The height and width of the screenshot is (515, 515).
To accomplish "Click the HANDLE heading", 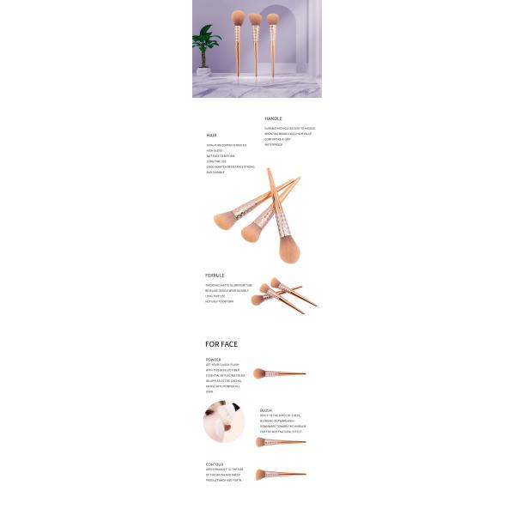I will [273, 118].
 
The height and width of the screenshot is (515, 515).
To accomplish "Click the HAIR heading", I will [211, 136].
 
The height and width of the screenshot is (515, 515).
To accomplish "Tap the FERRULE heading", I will [215, 276].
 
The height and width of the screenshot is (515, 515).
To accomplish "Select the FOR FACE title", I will [221, 344].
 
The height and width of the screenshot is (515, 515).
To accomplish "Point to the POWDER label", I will [213, 360].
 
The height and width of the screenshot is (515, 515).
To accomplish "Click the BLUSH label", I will [266, 410].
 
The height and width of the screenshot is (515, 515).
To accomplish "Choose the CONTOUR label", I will [215, 464].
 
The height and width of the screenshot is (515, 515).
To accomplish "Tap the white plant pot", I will [205, 71].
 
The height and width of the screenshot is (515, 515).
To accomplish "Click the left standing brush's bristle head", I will [238, 17].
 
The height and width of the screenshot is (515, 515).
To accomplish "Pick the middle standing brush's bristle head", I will [255, 18].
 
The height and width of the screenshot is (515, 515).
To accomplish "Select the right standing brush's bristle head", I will [273, 18].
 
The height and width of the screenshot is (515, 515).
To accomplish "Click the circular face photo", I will [223, 421].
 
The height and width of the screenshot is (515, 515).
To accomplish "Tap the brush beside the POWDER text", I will [279, 373].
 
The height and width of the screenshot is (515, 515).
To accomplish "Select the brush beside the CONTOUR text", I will [280, 474].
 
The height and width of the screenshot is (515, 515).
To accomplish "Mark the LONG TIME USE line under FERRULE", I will [214, 296].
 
